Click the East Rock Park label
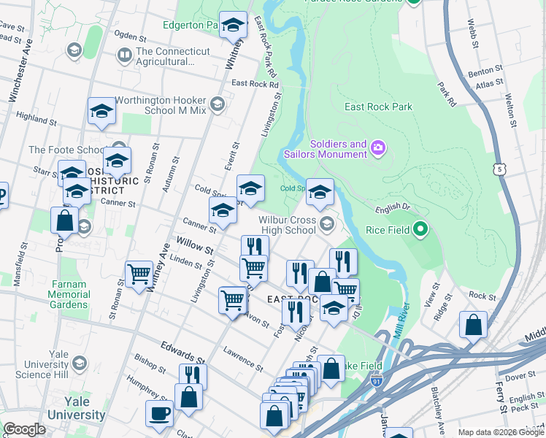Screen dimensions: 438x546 [378, 107]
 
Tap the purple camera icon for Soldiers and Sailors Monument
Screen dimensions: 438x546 [377, 148]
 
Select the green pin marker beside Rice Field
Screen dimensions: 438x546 [420, 231]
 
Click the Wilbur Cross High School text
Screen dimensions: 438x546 [289, 225]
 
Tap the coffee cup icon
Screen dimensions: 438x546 [159, 414]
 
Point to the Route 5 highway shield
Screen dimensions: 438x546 [499, 169]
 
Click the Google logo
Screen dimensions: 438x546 [24, 429]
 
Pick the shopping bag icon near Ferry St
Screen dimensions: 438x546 [473, 326]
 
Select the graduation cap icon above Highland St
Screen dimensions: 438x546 [101, 111]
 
